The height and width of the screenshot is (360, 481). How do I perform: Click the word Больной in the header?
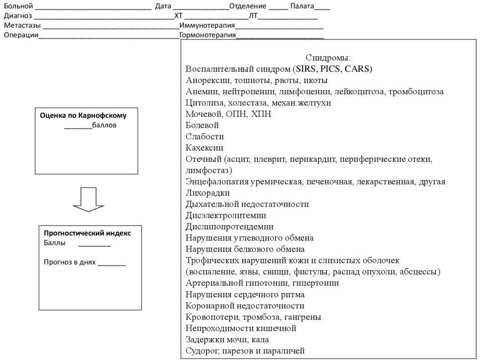(x=18, y=7)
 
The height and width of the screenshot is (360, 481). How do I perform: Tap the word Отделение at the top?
(x=248, y=7)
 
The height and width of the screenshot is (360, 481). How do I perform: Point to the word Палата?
(x=303, y=7)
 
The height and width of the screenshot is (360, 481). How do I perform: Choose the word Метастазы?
(x=22, y=26)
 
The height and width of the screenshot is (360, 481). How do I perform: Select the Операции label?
(x=21, y=35)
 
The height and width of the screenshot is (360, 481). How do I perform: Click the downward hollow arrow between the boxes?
(x=88, y=199)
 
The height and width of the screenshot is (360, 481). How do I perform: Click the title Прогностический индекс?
(x=87, y=233)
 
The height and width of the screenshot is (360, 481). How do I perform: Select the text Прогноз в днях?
(x=70, y=262)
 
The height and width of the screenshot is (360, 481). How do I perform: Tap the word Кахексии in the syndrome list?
(x=204, y=148)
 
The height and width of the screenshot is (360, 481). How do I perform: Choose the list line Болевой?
(x=202, y=125)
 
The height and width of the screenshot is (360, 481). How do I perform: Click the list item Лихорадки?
(x=208, y=193)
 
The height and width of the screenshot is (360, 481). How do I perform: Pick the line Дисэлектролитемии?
(x=226, y=215)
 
